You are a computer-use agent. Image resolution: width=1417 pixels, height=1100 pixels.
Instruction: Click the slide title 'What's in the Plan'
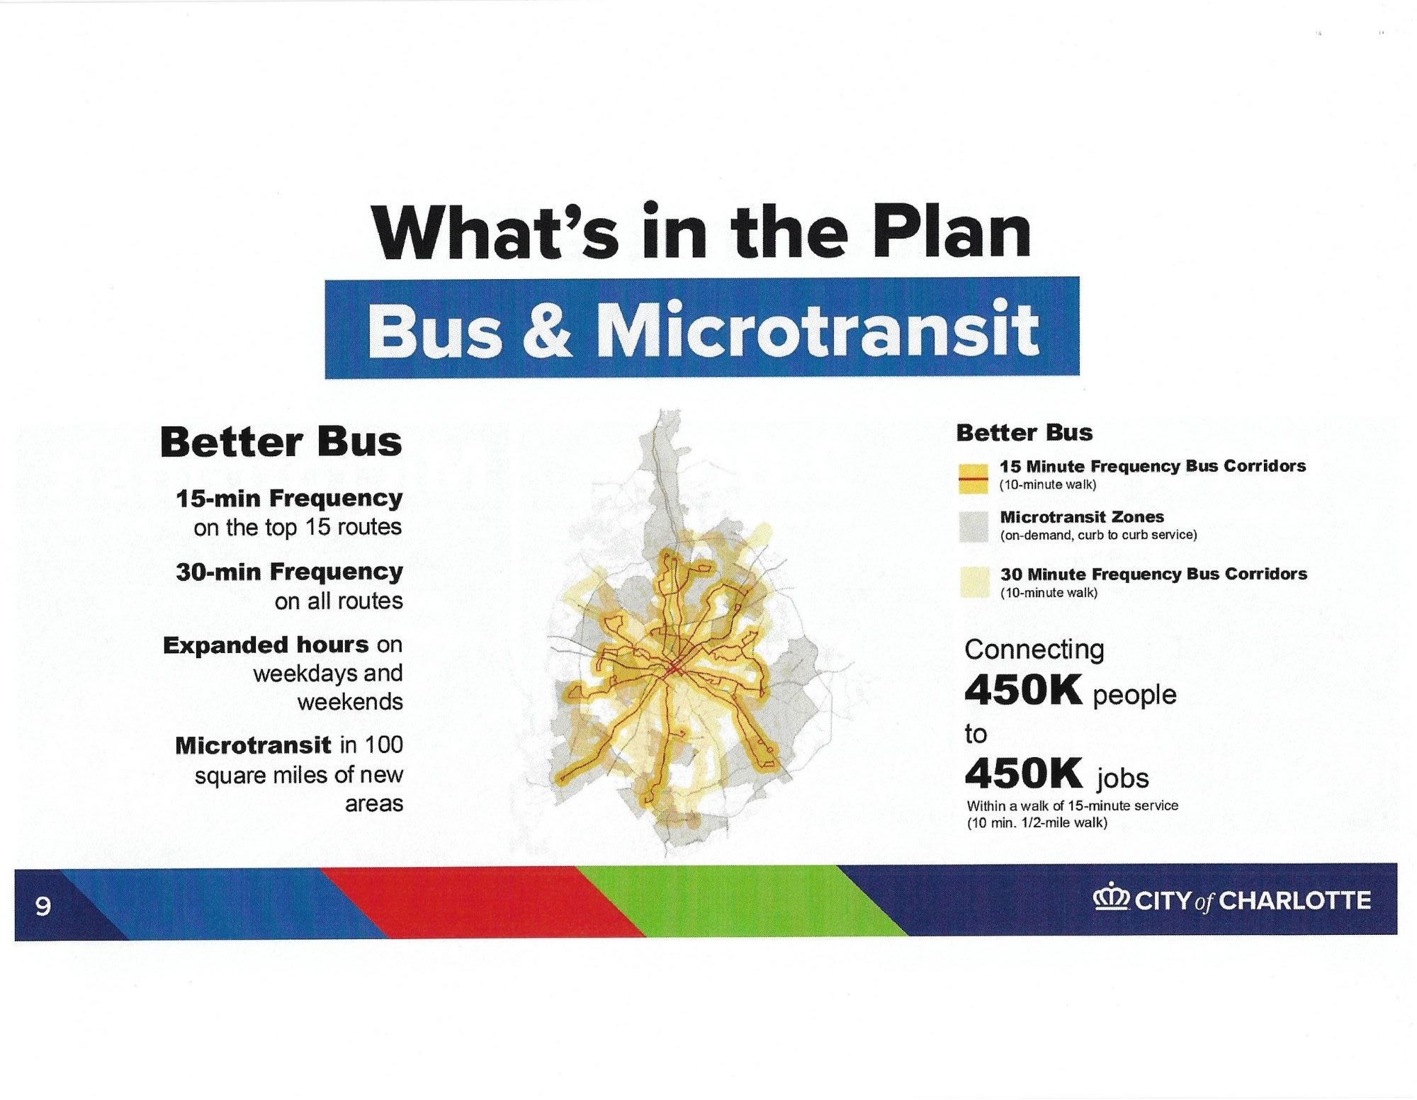(701, 232)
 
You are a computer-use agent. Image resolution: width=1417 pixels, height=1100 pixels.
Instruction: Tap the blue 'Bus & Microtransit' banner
(702, 327)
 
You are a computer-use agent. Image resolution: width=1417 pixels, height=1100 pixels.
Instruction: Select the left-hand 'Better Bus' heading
(281, 442)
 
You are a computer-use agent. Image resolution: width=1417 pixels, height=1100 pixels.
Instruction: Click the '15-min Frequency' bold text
(289, 498)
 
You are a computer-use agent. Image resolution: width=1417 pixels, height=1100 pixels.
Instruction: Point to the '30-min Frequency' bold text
(289, 571)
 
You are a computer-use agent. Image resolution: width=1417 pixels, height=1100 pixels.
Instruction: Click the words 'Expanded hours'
(266, 645)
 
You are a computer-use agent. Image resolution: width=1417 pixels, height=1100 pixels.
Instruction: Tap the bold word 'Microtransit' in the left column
(253, 745)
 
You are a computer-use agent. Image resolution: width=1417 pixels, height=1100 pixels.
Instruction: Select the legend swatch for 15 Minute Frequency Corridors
(973, 480)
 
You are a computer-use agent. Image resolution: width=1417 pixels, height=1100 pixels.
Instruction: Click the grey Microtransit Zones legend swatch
(973, 528)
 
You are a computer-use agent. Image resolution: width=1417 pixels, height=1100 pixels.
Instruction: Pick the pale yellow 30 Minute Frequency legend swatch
(974, 582)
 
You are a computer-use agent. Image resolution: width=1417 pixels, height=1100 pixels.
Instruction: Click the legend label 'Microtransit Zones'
(1082, 517)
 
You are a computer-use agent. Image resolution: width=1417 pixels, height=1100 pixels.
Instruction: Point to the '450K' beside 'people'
(1024, 690)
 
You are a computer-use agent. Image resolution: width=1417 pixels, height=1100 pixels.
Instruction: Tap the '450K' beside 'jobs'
(1024, 773)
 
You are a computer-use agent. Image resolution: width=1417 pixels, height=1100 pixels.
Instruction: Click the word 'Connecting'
(1034, 650)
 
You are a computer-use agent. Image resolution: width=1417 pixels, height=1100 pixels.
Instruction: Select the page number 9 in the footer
(43, 906)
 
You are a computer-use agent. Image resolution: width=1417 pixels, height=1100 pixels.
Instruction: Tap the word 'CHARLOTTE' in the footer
(1295, 900)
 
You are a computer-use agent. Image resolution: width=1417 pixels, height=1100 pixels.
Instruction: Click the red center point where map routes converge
(672, 667)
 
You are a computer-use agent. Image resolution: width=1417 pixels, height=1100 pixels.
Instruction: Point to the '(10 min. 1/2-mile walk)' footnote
(1037, 822)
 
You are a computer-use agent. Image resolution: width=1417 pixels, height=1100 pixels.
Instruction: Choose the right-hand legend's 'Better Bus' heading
(1024, 433)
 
